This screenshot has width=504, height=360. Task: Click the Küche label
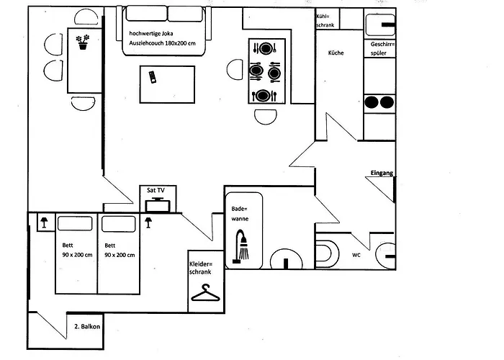point(336,53)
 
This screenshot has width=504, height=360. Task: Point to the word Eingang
point(382,173)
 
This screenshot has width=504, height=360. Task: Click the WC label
point(356,256)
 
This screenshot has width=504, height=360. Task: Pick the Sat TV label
point(156,190)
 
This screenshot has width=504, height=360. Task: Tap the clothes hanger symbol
point(204,294)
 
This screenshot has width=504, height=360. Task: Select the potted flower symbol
point(84,42)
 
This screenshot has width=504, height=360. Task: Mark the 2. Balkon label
point(87,327)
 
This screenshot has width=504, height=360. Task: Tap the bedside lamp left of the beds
point(42,222)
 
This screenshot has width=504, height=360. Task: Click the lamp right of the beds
point(148,222)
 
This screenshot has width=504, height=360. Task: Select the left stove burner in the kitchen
point(373,102)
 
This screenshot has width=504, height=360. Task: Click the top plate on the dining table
point(266,49)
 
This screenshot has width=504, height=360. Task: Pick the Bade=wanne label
point(239,213)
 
